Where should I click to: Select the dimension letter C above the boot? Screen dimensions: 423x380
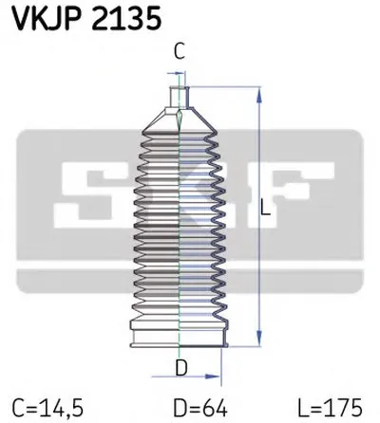coord(179,54)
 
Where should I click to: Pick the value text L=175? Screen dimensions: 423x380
coord(337,406)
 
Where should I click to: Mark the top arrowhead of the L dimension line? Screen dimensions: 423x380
coord(257,92)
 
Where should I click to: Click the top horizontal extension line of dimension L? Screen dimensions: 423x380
coord(223,87)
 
